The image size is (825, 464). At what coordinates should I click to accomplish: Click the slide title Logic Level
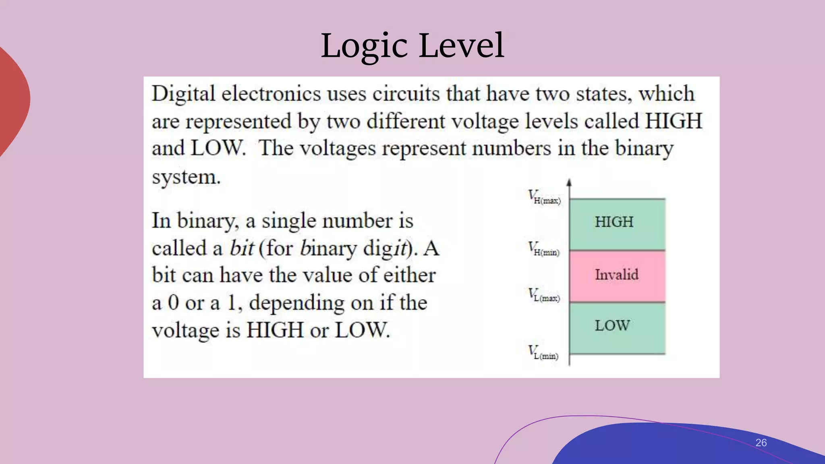point(412,46)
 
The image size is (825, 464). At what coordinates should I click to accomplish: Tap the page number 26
point(761,443)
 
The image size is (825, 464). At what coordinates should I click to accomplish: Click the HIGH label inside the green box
point(614,222)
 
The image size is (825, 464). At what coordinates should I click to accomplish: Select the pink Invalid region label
point(617,275)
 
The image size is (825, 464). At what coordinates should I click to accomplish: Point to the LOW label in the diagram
point(612,325)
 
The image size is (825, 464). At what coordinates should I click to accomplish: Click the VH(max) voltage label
point(544,197)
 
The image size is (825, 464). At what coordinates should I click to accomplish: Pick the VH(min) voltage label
point(544,249)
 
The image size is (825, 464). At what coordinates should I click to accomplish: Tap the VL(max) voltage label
point(544,295)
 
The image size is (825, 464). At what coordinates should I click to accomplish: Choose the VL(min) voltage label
point(543,353)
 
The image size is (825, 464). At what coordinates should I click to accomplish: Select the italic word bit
point(242,248)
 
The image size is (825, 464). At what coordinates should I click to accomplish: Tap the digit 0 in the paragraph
point(173,302)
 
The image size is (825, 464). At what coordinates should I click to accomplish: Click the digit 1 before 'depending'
point(232,302)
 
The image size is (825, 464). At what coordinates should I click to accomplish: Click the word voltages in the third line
point(338,149)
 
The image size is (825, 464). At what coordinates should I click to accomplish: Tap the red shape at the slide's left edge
point(12,101)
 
